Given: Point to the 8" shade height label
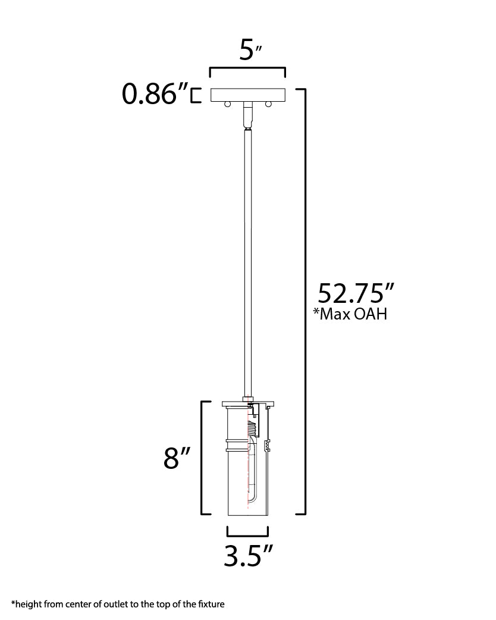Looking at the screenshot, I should [x=177, y=459].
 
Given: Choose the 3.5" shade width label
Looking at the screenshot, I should [x=248, y=555].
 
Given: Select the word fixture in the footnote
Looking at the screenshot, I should [x=211, y=605].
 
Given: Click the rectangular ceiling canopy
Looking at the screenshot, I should [x=247, y=95].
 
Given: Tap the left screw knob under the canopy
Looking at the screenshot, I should [x=227, y=105].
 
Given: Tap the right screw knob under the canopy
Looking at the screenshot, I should [x=268, y=105].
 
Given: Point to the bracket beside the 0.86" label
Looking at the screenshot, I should [x=194, y=95].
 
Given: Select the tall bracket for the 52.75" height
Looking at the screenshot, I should [x=304, y=300].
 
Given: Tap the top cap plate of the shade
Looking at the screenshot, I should [x=247, y=404].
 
